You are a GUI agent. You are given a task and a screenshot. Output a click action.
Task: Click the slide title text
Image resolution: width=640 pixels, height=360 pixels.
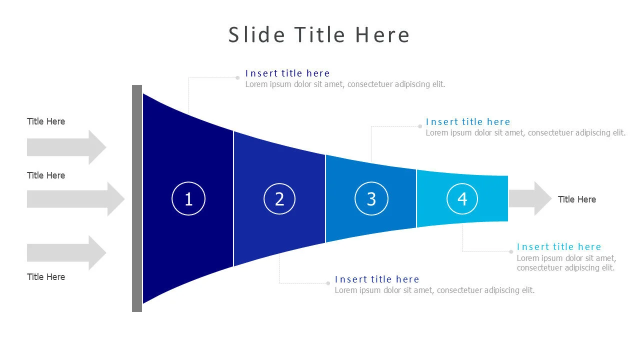[x=319, y=35]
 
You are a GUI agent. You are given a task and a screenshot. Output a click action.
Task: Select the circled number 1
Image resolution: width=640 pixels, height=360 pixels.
[x=188, y=199]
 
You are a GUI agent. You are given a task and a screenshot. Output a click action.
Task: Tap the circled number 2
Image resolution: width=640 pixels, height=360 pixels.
[x=279, y=199]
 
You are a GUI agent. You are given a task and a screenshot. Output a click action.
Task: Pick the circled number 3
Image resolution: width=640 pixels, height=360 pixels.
[x=371, y=199]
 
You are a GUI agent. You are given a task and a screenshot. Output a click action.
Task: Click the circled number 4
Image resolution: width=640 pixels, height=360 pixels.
[x=462, y=199]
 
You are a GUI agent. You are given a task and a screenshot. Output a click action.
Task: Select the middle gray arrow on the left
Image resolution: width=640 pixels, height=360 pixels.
[x=75, y=199]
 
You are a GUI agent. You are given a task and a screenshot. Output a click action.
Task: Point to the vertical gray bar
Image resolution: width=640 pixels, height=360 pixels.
[x=137, y=198]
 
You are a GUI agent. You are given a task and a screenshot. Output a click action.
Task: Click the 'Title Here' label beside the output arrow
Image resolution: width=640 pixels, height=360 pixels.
[x=576, y=199]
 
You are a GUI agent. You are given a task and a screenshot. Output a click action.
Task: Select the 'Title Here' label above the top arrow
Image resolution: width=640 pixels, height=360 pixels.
[x=46, y=121]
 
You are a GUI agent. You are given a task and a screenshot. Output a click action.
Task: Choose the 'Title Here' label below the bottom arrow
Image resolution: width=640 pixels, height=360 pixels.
[x=46, y=277]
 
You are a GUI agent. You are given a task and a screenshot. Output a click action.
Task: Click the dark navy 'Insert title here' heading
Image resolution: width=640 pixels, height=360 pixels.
[x=287, y=73]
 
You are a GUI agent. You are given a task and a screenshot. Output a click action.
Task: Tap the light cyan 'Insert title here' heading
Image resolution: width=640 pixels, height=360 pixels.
[x=558, y=246]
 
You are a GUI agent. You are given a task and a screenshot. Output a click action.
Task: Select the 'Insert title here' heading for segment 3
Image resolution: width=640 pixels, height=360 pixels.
[x=467, y=122]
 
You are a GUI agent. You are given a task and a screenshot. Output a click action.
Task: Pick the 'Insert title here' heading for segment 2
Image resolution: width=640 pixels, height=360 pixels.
[x=376, y=279]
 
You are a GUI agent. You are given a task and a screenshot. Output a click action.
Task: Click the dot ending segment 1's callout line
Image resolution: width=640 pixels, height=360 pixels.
[x=237, y=77]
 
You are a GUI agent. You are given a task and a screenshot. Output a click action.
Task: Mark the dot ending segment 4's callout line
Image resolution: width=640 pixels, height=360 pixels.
[x=511, y=251]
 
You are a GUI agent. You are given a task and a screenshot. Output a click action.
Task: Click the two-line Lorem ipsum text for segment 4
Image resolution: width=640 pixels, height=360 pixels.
[x=566, y=263]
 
